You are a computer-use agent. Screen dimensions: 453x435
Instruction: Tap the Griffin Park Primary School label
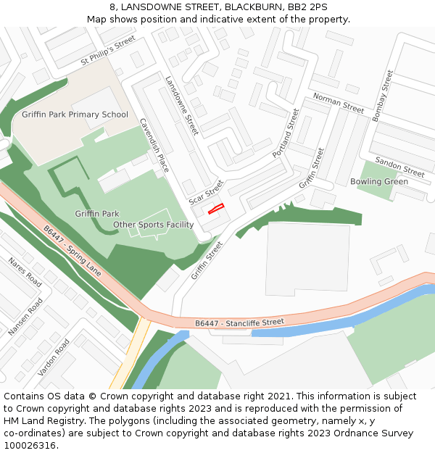75,115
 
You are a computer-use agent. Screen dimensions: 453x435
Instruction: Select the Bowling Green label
379,181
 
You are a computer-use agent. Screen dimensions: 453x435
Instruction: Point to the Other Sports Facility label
153,225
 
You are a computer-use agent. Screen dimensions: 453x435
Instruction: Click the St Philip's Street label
108,51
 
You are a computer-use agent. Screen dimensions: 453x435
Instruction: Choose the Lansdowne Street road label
182,106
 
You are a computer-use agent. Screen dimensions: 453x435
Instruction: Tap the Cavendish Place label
154,145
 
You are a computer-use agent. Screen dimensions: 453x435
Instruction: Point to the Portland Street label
286,133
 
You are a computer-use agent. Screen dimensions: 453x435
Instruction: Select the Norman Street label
338,103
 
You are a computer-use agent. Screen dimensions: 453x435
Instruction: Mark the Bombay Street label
381,95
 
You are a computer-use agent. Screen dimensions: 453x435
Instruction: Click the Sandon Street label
400,167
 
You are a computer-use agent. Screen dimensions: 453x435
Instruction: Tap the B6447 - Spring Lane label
72,250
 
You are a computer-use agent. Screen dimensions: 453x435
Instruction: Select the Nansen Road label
25,317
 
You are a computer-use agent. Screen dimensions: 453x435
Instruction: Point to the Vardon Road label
54,357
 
